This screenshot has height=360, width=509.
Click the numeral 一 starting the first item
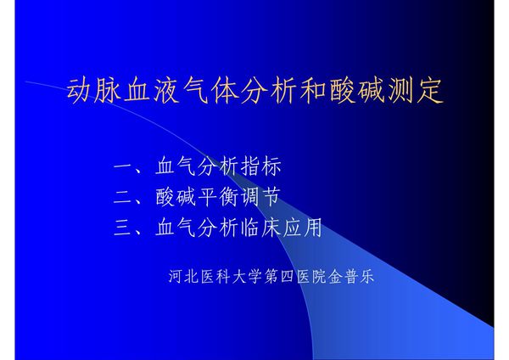pyautogui.click(x=122, y=166)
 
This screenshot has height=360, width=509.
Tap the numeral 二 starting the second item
pyautogui.click(x=122, y=197)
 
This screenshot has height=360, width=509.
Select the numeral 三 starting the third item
pyautogui.click(x=122, y=228)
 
